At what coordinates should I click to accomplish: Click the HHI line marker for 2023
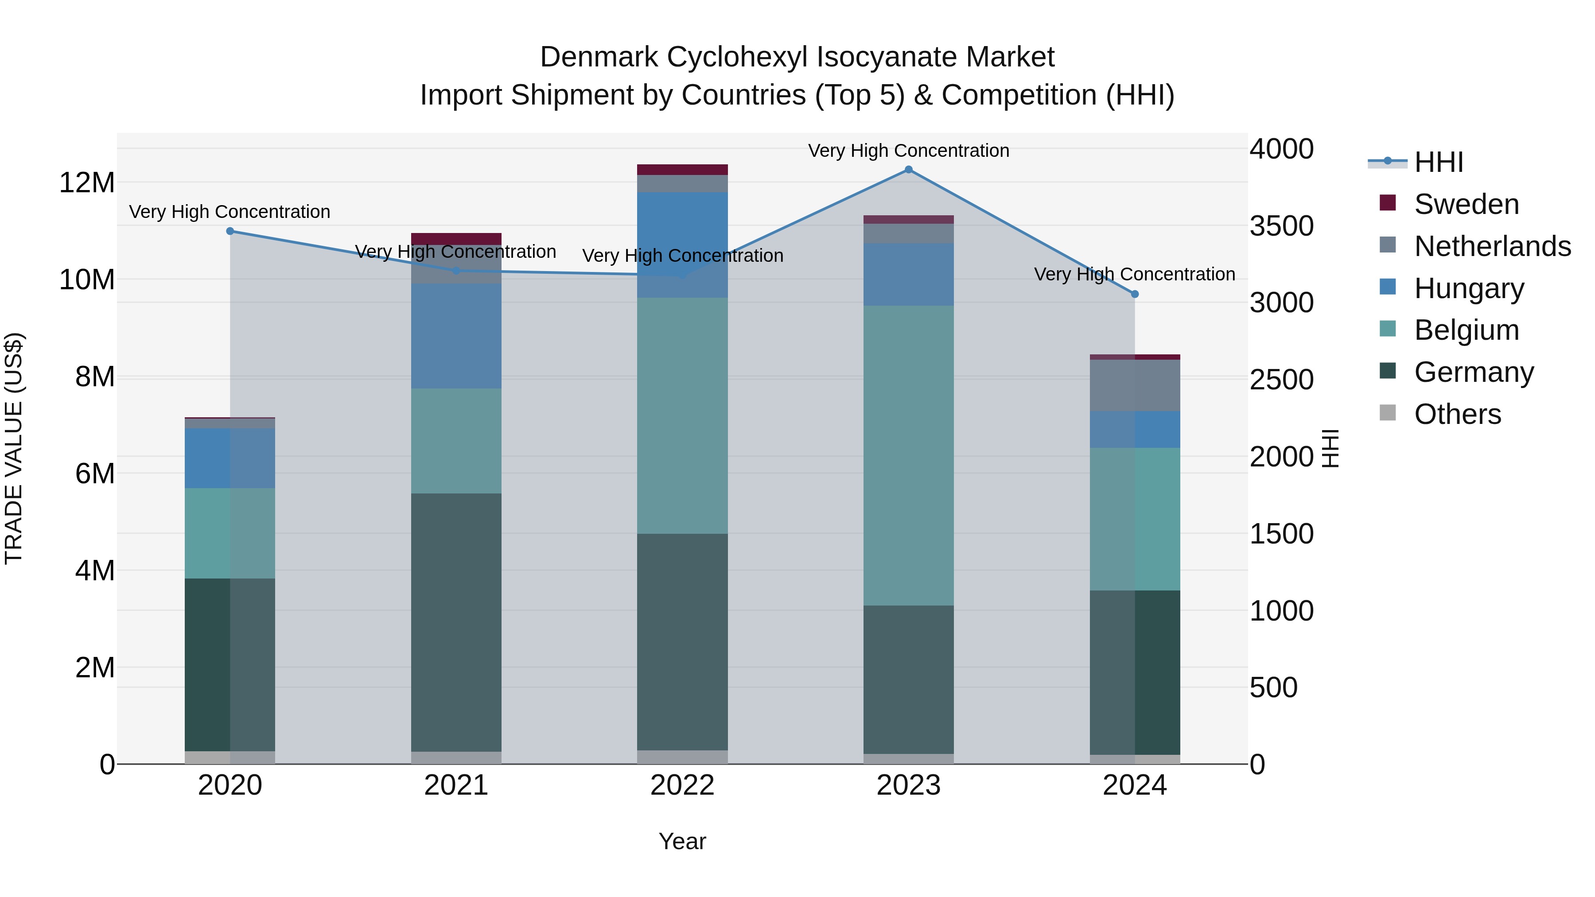[x=908, y=170]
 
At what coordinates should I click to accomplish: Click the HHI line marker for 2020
[x=230, y=231]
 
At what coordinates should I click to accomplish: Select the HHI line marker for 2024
[x=1134, y=294]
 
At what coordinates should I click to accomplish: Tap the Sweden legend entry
[x=1466, y=204]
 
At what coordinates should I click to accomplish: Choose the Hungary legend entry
[x=1469, y=288]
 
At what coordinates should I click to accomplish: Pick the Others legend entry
[x=1458, y=414]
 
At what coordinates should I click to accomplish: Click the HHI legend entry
[x=1438, y=162]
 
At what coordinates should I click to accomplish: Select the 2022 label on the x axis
[x=682, y=785]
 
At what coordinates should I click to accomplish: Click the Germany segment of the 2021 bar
[x=456, y=622]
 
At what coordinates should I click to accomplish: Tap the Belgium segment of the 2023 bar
[x=908, y=455]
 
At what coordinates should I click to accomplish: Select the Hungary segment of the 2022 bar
[x=682, y=245]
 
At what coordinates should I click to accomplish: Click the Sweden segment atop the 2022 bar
[x=682, y=170]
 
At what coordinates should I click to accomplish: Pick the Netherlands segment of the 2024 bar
[x=1134, y=385]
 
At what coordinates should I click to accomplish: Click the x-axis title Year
[x=682, y=841]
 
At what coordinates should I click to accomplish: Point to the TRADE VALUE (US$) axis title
[x=14, y=448]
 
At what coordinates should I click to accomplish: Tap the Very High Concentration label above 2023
[x=908, y=151]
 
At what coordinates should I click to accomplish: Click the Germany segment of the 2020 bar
[x=230, y=664]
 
